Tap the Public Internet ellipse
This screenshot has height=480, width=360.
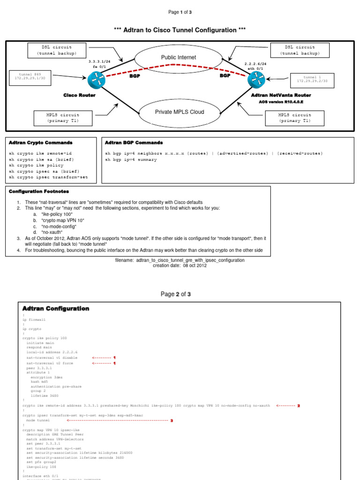point(179,58)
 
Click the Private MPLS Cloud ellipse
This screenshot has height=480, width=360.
point(179,112)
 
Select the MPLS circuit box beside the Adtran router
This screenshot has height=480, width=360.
point(294,118)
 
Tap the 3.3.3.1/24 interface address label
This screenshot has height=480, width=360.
point(99,61)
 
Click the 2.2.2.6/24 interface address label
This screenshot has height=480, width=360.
point(255,64)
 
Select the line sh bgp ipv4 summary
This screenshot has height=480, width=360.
point(131,160)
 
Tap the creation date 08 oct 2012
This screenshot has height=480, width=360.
point(180,265)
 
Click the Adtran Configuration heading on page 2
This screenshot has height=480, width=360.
point(56,308)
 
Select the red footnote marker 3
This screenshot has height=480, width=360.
point(172,420)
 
